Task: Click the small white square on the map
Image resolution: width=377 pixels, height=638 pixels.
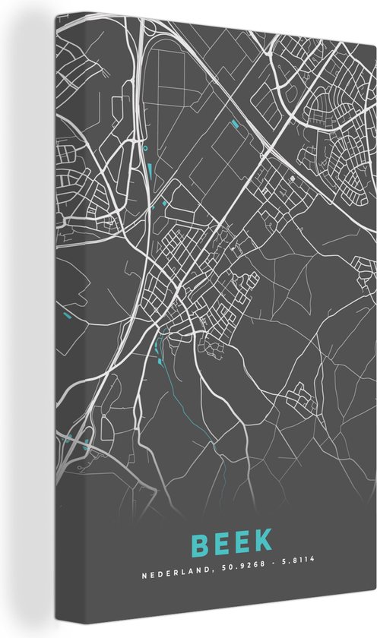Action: point(291,178)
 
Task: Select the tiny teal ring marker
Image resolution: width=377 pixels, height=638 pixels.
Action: point(145,149)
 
